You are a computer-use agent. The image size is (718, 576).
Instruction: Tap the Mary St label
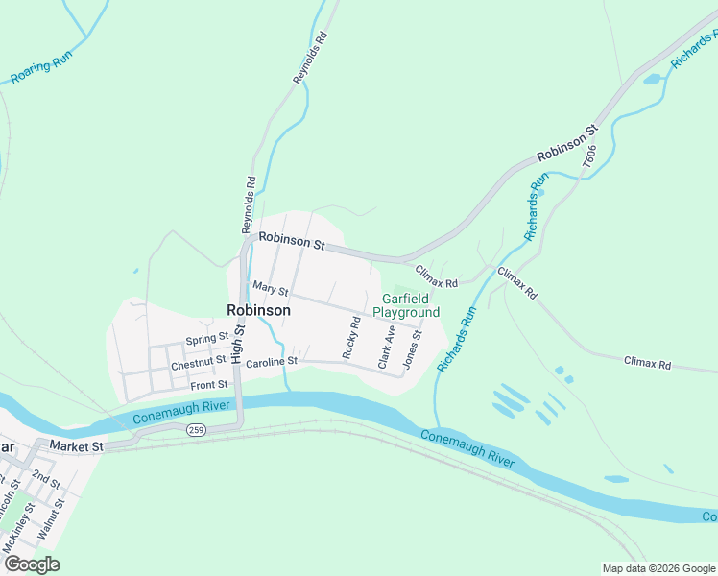tap(271, 288)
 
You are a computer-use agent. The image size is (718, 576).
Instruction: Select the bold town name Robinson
tap(258, 310)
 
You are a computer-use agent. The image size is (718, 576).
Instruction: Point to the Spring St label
tap(207, 339)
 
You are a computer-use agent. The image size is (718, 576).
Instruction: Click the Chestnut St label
tap(198, 364)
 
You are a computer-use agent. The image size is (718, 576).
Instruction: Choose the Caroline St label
tap(273, 362)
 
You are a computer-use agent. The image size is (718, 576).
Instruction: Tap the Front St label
tap(208, 385)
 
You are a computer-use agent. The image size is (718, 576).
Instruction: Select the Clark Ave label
tap(387, 347)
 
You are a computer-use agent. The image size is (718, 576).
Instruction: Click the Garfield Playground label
tap(406, 305)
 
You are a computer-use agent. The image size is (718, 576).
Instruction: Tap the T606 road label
tap(589, 156)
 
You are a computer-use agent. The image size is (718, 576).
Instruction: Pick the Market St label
tap(76, 446)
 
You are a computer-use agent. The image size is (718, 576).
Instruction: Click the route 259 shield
tap(197, 431)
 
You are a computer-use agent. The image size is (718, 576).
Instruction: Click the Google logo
tap(32, 564)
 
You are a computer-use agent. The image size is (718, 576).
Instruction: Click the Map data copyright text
tap(658, 568)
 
